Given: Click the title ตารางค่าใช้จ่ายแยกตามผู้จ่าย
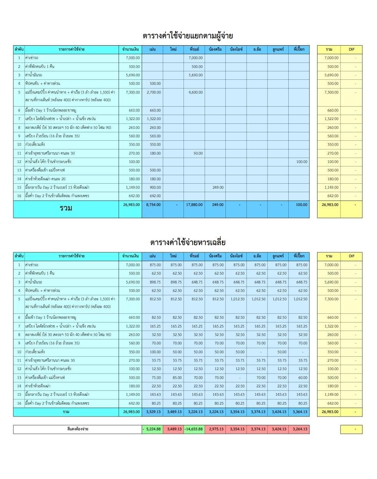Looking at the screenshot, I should (188, 36).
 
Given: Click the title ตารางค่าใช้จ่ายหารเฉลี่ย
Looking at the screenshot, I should (188, 242).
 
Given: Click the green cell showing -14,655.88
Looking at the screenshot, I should (194, 429).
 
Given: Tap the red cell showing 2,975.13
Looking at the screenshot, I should (215, 429).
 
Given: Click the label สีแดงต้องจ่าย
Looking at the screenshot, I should (78, 429).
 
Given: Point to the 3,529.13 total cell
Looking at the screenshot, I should (153, 412).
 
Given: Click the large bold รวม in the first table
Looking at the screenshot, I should (66, 209).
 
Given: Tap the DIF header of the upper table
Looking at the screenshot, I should (352, 49).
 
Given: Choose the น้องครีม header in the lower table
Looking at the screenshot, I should (215, 256).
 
